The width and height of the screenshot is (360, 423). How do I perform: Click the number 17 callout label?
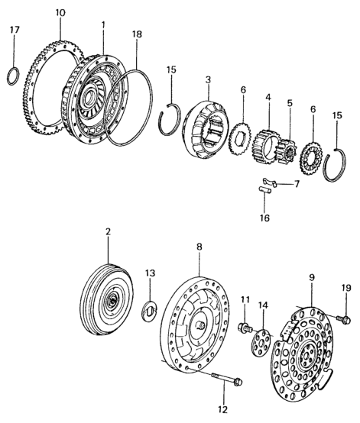point(15,30)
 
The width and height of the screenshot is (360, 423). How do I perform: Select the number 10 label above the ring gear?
point(60,13)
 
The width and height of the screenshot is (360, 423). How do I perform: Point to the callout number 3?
point(208,79)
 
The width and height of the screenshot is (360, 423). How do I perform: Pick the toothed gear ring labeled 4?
point(264,147)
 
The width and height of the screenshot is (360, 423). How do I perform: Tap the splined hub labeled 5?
point(287,153)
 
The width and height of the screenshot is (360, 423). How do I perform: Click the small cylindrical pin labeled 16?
point(264,190)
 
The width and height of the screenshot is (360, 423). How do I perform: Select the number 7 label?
point(297,185)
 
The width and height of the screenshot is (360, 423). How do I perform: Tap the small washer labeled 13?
point(149,311)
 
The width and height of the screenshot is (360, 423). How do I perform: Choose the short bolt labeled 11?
point(245,328)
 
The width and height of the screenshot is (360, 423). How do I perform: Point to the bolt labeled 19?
point(344,320)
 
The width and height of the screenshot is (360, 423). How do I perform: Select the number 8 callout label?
point(199,247)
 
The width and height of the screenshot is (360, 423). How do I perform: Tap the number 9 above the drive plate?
point(312,278)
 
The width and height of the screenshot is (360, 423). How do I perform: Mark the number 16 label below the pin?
point(264,218)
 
